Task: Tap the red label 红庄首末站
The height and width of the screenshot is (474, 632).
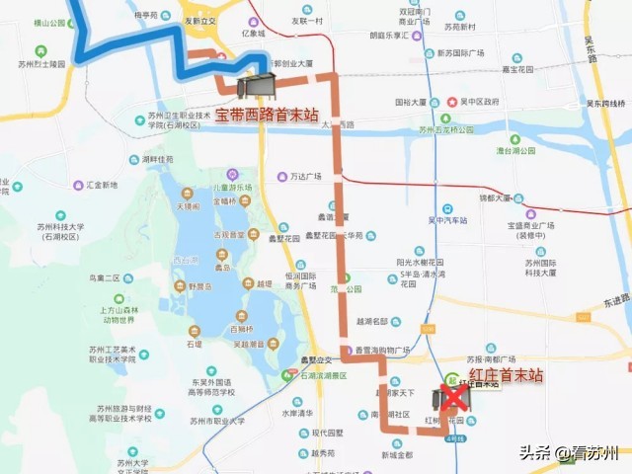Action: pos(506,374)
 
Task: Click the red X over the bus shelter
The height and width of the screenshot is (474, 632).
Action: pos(453,397)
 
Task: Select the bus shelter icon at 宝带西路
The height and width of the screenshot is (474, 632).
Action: pos(260,85)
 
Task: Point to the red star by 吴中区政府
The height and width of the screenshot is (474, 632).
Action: pos(452,101)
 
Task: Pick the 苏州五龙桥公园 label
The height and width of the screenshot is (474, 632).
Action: pos(456,128)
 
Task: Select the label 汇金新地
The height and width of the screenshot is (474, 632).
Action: pos(102,185)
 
